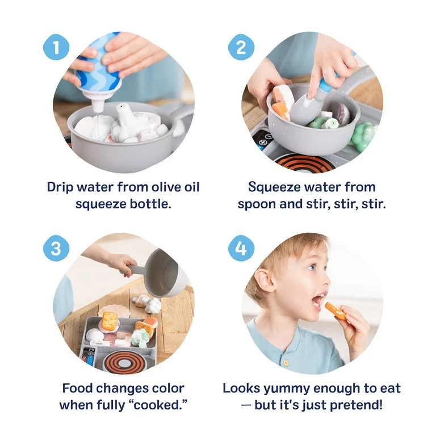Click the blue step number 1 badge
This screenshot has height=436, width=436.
click(56, 47)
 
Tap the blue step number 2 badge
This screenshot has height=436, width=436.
click(241, 47)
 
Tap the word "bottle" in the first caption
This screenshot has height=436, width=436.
click(152, 203)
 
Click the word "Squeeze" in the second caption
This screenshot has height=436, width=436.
click(279, 187)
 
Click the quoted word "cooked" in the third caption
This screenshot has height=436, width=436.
click(162, 405)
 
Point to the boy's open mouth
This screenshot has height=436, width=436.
click(318, 299)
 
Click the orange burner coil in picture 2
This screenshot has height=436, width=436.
click(301, 161)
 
